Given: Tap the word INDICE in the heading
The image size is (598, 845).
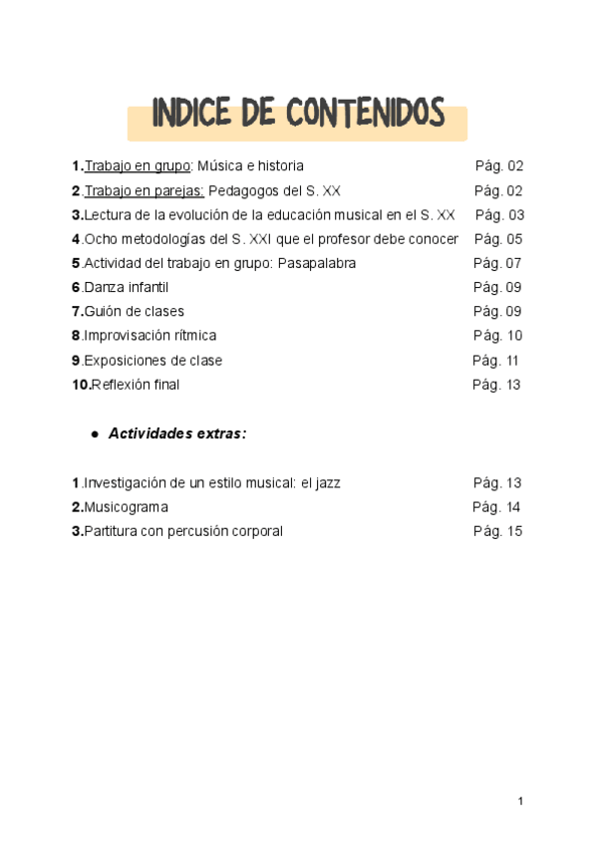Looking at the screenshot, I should [x=192, y=115].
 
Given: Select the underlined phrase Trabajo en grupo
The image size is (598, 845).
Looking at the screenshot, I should [x=137, y=166].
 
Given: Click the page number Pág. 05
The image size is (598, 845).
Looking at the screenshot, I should [x=498, y=239].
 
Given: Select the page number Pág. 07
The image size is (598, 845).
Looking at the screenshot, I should [x=497, y=263].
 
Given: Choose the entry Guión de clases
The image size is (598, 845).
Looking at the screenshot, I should [x=134, y=312].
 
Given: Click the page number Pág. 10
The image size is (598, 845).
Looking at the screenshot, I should [x=497, y=336].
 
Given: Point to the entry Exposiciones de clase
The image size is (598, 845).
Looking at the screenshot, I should [x=152, y=361].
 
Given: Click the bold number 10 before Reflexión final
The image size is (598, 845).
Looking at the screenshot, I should [x=81, y=385].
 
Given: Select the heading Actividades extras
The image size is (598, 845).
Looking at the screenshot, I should [x=176, y=434].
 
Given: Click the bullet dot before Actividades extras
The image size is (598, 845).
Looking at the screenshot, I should [x=95, y=435].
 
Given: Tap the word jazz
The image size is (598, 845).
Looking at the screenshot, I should [x=325, y=483].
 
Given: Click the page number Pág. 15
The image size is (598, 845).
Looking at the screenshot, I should [x=497, y=531].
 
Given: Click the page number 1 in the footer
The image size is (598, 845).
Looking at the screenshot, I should [x=520, y=801].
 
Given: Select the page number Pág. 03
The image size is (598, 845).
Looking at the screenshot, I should [x=499, y=215].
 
